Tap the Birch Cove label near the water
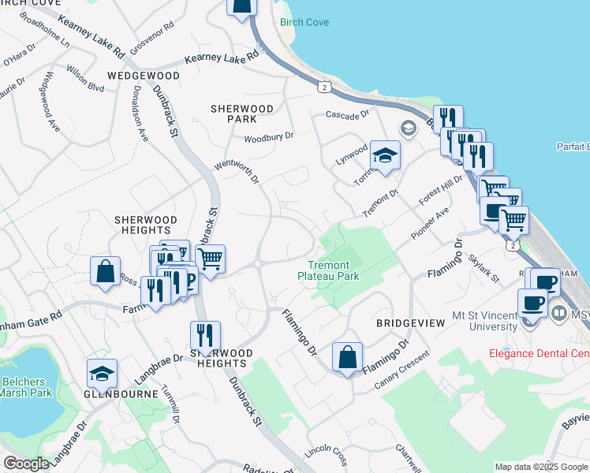[304, 22]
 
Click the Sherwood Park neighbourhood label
[241, 114]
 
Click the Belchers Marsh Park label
[28, 387]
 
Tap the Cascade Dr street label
[347, 114]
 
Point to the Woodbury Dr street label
[268, 136]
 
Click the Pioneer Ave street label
[430, 224]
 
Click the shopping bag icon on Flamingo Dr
[347, 357]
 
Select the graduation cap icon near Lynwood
[386, 155]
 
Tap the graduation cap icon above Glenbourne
[103, 373]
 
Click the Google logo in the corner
[26, 464]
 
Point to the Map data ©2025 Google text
[540, 467]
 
